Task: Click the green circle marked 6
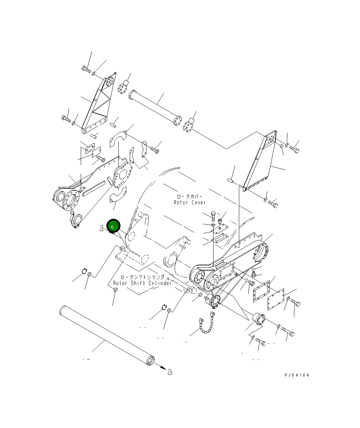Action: coord(113,226)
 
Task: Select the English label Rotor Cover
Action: coord(190,202)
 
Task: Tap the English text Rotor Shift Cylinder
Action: coord(142,283)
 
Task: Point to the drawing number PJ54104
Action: coord(296,375)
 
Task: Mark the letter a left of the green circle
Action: coord(101,228)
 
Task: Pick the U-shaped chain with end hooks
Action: coord(206,324)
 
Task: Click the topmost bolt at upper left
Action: coord(86,70)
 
